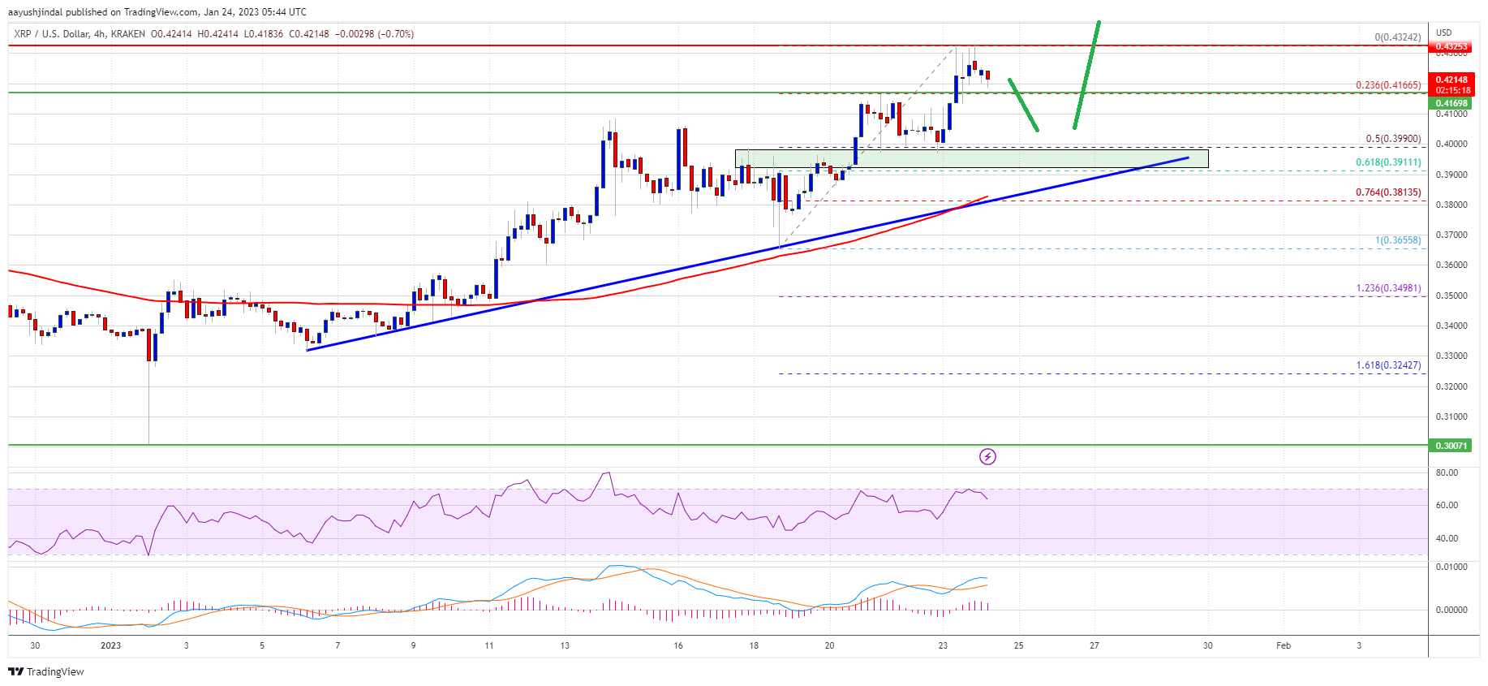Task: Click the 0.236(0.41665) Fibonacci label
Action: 1388,85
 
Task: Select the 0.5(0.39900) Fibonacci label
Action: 1393,139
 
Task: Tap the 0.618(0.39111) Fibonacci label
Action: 1388,162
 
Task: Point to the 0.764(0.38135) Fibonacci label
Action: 1388,192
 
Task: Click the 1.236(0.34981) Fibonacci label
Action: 1388,288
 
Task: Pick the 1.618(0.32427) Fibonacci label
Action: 1388,365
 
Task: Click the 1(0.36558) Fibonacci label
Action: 1398,240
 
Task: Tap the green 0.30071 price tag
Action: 1451,446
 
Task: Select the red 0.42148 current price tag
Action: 1451,80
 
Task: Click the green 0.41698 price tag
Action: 1451,104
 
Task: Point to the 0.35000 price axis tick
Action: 1451,296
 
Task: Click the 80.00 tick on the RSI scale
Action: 1447,472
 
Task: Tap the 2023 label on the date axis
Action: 110,646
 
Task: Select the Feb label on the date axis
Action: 1284,646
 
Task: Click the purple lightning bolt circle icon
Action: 987,457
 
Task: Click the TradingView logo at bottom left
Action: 46,672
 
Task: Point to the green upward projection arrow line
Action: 1086,75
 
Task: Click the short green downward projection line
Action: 1023,105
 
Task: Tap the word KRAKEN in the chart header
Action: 130,34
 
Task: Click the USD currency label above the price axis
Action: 1443,33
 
